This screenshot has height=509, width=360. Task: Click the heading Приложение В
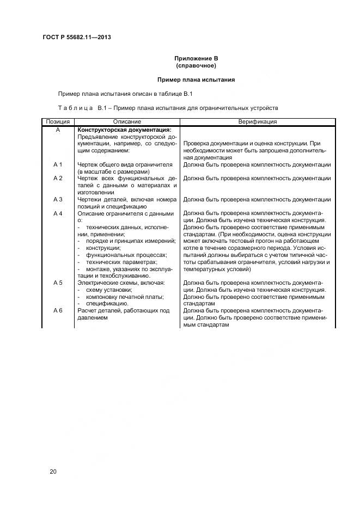point(196,58)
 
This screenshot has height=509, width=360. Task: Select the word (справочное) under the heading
point(196,65)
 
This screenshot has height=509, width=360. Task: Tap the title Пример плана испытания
point(196,79)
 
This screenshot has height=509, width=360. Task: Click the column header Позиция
point(58,122)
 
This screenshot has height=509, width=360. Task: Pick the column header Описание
point(127,122)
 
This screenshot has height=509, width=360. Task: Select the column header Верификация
point(257,122)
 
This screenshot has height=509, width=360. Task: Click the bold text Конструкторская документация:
point(125,130)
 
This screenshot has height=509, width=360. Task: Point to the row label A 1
point(58,164)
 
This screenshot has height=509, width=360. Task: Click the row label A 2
point(58,178)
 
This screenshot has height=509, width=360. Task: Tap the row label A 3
point(58,199)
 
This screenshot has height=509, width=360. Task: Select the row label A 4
point(58,213)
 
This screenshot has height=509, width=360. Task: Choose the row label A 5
point(58,283)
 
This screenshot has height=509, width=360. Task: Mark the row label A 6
point(58,311)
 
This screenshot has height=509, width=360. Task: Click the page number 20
point(53,471)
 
